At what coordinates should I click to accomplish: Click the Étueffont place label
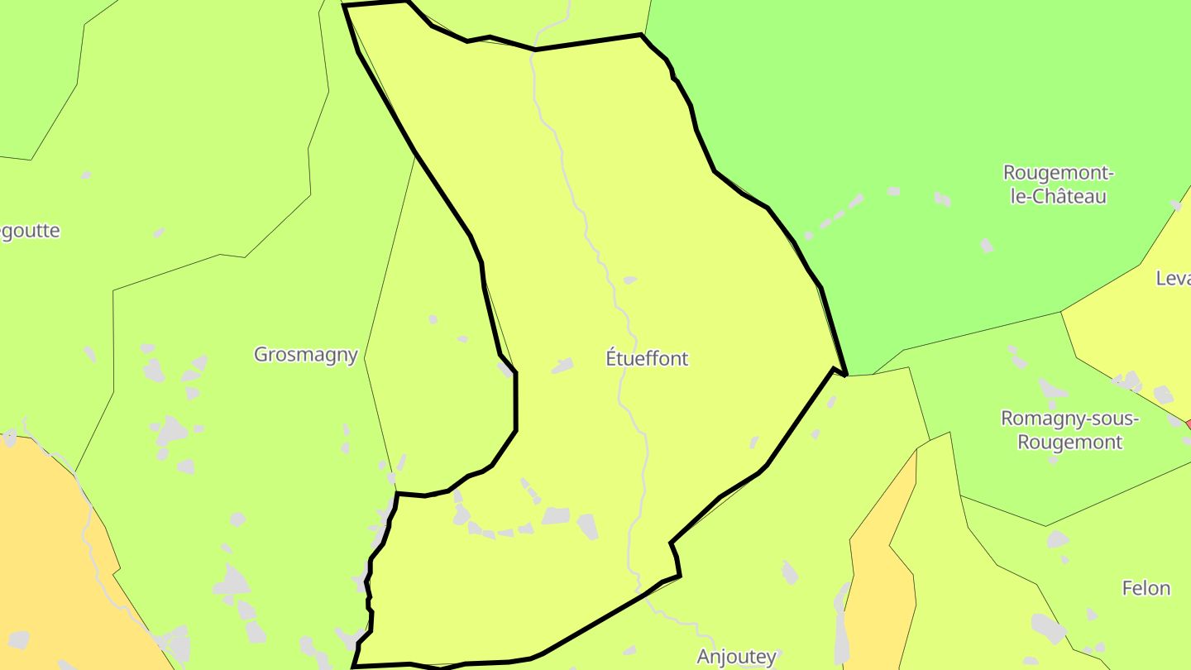[647, 359]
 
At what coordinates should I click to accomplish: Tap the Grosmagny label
[305, 355]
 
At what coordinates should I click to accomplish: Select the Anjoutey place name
[736, 657]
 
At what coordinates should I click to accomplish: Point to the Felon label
[1146, 589]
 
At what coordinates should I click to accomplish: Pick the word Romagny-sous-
[1069, 419]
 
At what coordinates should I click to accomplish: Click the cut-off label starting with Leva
[1173, 279]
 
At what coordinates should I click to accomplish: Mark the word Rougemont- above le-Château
[1059, 174]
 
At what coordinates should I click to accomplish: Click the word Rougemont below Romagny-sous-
[1069, 442]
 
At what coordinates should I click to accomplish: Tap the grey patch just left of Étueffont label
[563, 365]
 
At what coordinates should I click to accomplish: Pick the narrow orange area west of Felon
[881, 579]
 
